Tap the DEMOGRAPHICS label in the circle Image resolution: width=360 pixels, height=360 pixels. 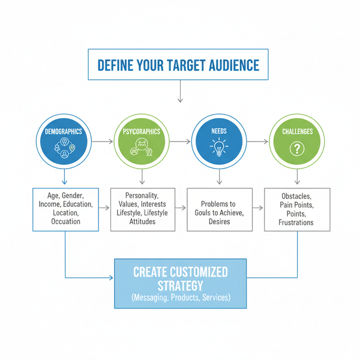[64, 131]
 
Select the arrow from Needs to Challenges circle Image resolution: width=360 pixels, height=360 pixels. [258, 142]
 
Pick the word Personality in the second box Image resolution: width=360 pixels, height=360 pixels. [142, 196]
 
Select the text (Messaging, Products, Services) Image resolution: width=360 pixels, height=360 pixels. [180, 298]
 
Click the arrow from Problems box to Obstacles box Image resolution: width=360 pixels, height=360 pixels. [259, 208]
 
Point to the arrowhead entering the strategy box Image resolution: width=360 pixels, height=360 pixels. [111, 278]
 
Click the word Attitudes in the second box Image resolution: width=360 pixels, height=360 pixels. [142, 222]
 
